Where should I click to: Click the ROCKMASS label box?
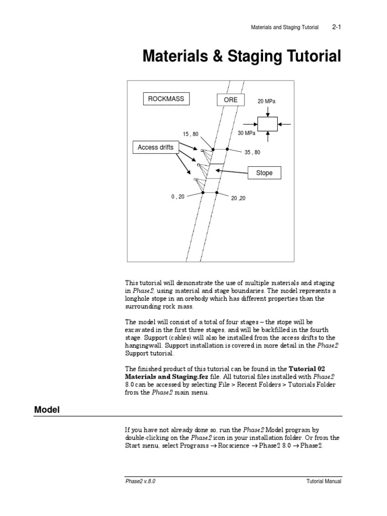[x=166, y=99]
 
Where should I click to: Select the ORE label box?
[x=230, y=100]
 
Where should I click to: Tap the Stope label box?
[x=264, y=173]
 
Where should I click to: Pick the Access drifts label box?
[x=155, y=148]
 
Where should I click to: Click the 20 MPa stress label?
[x=267, y=101]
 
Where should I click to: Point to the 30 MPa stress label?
[x=246, y=134]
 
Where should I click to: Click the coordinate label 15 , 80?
[x=190, y=134]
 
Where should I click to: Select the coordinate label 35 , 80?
[x=252, y=152]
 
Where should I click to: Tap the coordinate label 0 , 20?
[x=177, y=197]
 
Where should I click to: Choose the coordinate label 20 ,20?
[x=238, y=198]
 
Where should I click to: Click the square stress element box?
[x=267, y=123]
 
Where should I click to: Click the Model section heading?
[x=46, y=410]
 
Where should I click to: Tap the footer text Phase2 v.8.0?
[x=140, y=481]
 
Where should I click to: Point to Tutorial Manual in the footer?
[x=324, y=481]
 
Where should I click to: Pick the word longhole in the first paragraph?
[x=138, y=299]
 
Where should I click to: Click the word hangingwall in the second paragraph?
[x=143, y=346]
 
